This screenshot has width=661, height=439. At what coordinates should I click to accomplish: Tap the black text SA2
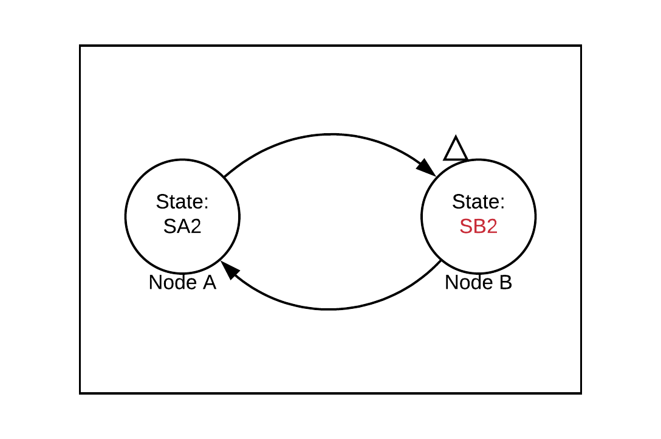[182, 227]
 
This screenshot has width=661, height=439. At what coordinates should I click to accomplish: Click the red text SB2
[478, 227]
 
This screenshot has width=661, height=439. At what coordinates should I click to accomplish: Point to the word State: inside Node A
[182, 202]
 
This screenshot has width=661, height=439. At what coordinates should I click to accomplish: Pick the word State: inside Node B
[478, 202]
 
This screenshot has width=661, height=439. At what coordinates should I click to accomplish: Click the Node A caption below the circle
[182, 283]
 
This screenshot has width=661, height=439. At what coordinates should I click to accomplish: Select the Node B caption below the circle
[478, 283]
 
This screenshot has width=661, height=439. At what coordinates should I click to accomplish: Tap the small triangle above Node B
[456, 150]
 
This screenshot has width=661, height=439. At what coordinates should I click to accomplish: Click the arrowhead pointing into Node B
[428, 168]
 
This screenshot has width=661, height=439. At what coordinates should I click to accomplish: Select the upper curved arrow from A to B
[330, 134]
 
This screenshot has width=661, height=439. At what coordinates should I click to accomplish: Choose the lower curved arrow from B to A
[330, 309]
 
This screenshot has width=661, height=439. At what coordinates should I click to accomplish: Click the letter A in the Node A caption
[209, 283]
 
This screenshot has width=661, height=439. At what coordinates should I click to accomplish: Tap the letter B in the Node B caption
[505, 283]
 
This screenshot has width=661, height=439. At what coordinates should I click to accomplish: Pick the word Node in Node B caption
[465, 283]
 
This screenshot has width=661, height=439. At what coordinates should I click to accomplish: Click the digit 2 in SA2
[195, 227]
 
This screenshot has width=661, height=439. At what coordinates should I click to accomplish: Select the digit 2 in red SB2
[491, 227]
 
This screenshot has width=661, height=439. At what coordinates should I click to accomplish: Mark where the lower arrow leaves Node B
[440, 260]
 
